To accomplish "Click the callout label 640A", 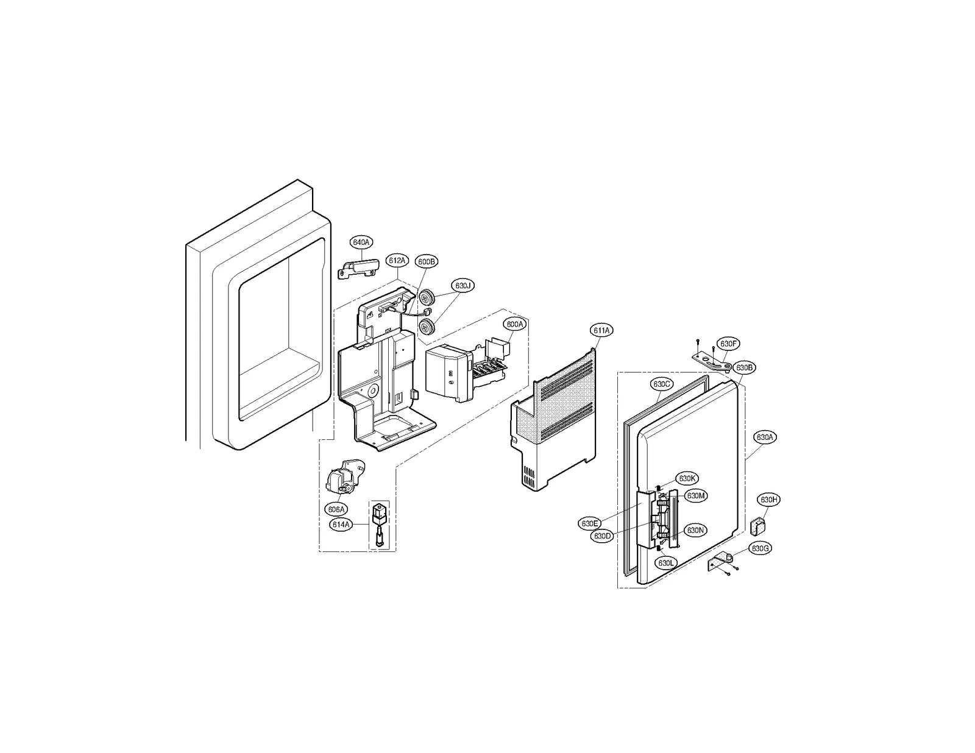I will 361,242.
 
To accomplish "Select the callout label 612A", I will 396,261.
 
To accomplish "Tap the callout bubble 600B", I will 427,261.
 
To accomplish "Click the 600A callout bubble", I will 514,325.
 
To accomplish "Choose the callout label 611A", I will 601,330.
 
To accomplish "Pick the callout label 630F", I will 728,344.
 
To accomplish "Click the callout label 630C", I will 662,384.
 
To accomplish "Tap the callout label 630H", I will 768,500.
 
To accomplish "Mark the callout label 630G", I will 760,549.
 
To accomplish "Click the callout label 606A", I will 336,509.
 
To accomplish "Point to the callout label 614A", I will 341,524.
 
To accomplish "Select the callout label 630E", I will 590,523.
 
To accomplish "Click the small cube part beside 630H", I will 758,525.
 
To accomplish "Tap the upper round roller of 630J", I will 430,298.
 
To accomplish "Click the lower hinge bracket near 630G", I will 723,561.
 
